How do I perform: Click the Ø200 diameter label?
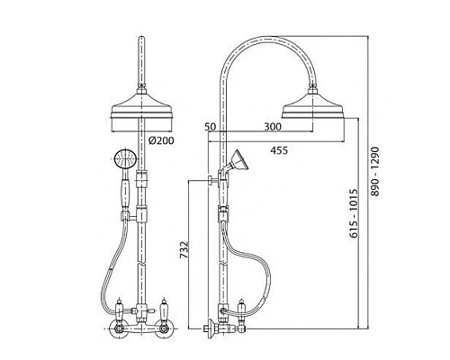[x=161, y=140]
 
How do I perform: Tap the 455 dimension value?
[x=279, y=150]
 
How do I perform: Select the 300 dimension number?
[x=273, y=127]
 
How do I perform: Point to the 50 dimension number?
[x=211, y=127]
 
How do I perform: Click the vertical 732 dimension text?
[x=184, y=249]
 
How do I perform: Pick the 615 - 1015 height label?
[x=354, y=213]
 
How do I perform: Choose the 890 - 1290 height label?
[x=375, y=171]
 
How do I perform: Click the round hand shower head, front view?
[x=125, y=158]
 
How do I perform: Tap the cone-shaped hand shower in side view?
[x=237, y=161]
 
